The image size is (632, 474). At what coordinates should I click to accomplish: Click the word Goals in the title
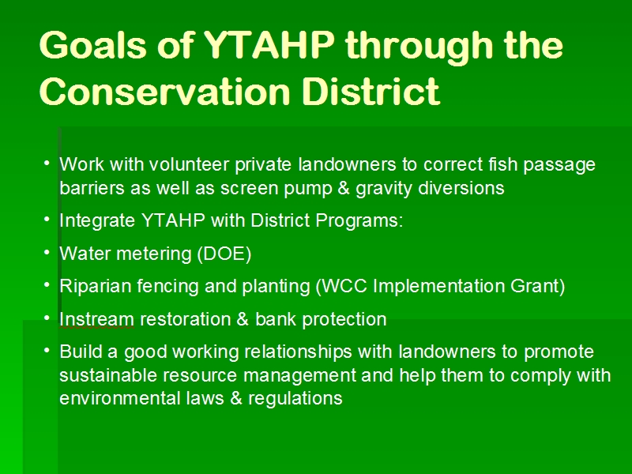point(93,45)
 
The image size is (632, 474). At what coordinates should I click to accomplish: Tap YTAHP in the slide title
point(269,45)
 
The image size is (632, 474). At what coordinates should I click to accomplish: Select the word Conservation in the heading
point(165,91)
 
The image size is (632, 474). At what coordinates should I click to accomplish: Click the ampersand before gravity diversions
point(344,188)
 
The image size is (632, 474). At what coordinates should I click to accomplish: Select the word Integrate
point(97,221)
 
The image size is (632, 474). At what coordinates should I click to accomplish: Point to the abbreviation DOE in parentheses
point(224,254)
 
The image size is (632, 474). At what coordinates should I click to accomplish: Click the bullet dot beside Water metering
point(47,252)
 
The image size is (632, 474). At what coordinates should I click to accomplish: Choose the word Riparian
point(96,287)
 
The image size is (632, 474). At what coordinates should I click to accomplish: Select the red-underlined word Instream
point(96,320)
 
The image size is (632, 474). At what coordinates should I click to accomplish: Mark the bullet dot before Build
point(47,351)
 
